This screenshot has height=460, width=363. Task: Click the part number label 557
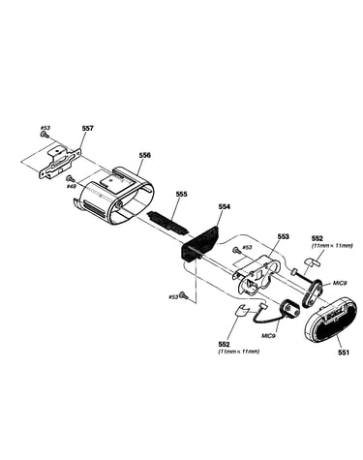[x=87, y=128]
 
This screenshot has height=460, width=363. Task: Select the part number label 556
[x=144, y=155]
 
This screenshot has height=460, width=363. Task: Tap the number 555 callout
[x=181, y=194]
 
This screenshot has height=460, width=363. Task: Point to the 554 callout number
[x=225, y=206]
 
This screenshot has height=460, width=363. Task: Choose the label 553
[x=283, y=236]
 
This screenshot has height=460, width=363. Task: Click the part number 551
[x=344, y=353]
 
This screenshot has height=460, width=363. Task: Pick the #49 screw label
[x=71, y=186]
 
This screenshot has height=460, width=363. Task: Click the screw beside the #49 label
[x=70, y=178]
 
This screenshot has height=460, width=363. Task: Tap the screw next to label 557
[x=45, y=135]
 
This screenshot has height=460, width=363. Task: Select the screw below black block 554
[x=184, y=295]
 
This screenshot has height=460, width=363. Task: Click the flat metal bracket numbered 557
[x=60, y=163]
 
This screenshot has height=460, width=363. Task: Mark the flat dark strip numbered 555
[x=168, y=221]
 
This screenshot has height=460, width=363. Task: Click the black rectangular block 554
[x=199, y=243]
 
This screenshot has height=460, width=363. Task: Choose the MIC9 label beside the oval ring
[x=340, y=283]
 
